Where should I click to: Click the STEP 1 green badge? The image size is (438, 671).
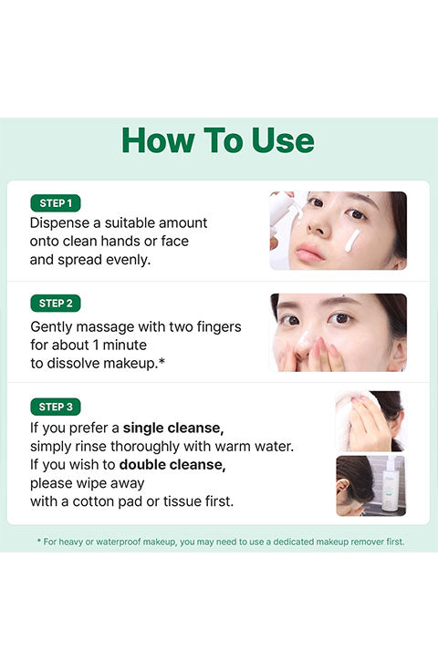tap(56, 203)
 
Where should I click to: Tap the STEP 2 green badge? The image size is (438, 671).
tap(56, 304)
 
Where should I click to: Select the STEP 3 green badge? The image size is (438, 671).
tap(56, 407)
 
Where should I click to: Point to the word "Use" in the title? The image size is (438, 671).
tap(283, 140)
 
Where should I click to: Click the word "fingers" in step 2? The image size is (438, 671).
tap(219, 327)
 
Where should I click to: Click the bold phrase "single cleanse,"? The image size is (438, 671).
tap(173, 428)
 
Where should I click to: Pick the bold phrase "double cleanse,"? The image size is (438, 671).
tap(172, 465)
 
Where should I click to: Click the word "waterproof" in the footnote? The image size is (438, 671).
tap(119, 542)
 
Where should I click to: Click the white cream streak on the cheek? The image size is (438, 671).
tap(352, 241)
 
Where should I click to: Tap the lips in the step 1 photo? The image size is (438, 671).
tap(309, 252)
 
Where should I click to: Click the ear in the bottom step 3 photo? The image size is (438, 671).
tap(342, 486)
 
